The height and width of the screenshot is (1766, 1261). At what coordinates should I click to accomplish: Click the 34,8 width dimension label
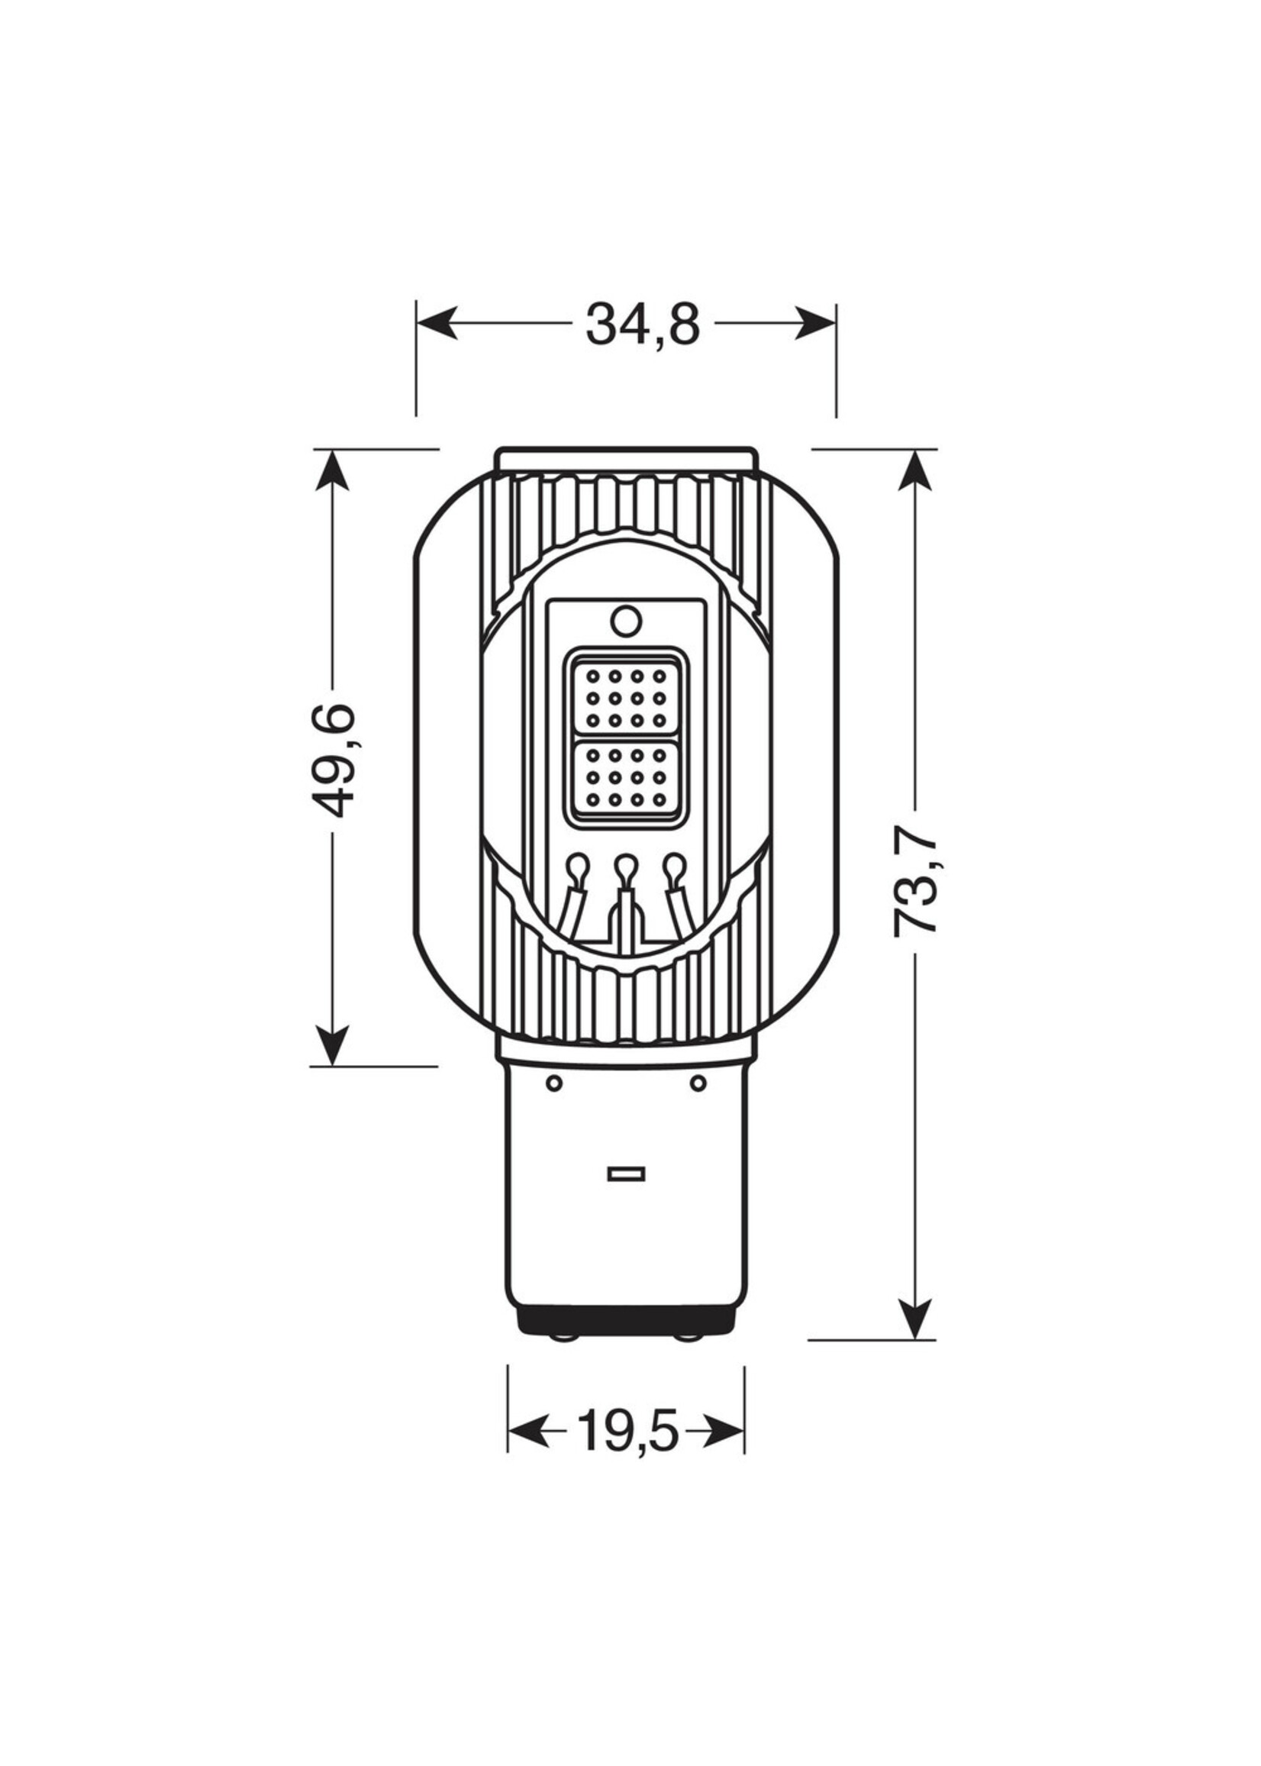pos(643,324)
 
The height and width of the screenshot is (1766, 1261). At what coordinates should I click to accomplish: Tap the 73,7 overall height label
pos(916,886)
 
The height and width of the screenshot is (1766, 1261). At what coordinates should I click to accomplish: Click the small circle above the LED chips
pos(626,621)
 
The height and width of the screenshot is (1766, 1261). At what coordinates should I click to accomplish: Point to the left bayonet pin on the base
pos(554,1083)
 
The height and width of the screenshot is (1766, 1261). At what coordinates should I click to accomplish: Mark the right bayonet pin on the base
pos(698,1083)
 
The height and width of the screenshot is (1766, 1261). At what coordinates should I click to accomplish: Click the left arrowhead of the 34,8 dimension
pos(435,322)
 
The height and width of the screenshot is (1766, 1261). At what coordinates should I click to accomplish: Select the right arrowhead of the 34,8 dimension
pos(817,322)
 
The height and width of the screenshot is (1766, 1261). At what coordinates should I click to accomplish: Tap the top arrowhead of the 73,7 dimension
pos(915,469)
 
